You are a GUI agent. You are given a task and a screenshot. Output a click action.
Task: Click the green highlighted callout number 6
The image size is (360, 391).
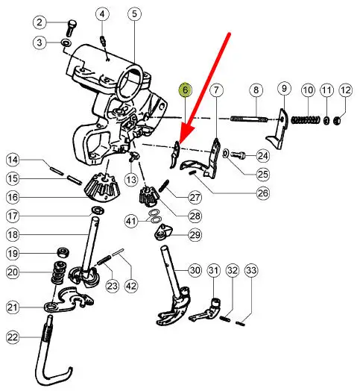(x=185, y=90)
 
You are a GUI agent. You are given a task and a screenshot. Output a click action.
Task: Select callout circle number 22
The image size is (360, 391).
(x=13, y=337)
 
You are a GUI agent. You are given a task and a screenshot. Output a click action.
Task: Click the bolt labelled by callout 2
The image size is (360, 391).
(x=71, y=28)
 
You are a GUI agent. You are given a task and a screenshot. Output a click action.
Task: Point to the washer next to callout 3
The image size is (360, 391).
(x=66, y=43)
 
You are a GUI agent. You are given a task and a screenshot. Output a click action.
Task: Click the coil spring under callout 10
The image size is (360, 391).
(x=306, y=119)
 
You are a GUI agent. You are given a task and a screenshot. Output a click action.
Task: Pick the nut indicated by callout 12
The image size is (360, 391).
(x=337, y=121)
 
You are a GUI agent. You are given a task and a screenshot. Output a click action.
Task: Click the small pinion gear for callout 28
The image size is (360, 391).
(x=149, y=195)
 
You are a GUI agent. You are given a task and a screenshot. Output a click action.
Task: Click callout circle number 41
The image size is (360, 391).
(x=131, y=221)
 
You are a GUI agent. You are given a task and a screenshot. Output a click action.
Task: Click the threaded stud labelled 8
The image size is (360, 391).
(x=249, y=119)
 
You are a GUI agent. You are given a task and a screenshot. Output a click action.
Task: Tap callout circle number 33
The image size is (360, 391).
(x=251, y=270)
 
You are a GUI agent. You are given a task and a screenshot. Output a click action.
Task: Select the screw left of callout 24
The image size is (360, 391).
(x=238, y=155)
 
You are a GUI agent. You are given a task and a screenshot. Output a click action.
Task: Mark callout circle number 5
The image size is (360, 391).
(x=134, y=14)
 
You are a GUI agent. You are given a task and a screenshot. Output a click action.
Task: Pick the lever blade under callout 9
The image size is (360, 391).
(x=278, y=130)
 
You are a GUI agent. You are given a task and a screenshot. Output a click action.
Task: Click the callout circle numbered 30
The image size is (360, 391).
(x=195, y=270)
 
